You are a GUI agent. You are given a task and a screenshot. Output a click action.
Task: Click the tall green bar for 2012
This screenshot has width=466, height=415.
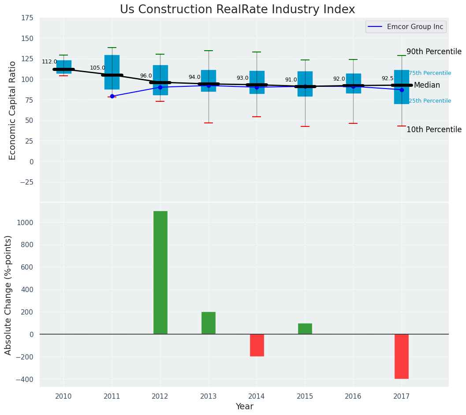tap(160, 272)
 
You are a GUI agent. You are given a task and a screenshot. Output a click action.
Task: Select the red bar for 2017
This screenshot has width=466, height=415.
tap(401, 356)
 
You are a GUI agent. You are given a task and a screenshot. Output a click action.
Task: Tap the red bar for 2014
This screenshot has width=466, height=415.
tap(257, 345)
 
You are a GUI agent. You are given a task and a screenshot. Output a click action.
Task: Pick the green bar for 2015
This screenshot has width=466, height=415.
tap(305, 329)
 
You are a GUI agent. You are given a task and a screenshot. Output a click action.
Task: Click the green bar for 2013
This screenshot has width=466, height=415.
tap(209, 323)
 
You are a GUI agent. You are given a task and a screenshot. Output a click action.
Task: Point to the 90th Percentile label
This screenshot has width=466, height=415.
tap(434, 52)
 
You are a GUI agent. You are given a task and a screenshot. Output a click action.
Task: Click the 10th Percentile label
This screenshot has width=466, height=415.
tap(434, 130)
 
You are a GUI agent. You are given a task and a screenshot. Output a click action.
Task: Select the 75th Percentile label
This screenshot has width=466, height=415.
tap(430, 73)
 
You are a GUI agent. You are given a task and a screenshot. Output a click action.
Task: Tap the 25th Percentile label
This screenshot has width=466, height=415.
tap(430, 101)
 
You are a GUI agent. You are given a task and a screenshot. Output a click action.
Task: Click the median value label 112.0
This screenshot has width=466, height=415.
tap(49, 62)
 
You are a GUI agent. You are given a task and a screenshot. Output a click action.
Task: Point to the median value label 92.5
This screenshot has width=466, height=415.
tap(388, 78)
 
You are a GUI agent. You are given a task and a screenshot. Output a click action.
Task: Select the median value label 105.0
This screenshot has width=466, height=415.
tap(97, 68)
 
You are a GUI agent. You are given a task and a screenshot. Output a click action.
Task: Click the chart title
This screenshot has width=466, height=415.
tap(237, 10)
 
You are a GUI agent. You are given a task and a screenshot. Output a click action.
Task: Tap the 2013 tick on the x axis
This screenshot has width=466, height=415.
tap(209, 396)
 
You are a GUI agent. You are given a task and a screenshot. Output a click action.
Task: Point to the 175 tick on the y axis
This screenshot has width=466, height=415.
tap(27, 18)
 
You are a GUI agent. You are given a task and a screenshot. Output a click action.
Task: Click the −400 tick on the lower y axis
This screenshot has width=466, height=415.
tap(25, 379)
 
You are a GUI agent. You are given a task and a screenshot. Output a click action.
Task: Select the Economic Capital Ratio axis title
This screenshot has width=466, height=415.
tap(13, 110)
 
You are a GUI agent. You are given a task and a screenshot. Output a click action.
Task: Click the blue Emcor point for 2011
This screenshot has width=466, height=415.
tap(112, 96)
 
